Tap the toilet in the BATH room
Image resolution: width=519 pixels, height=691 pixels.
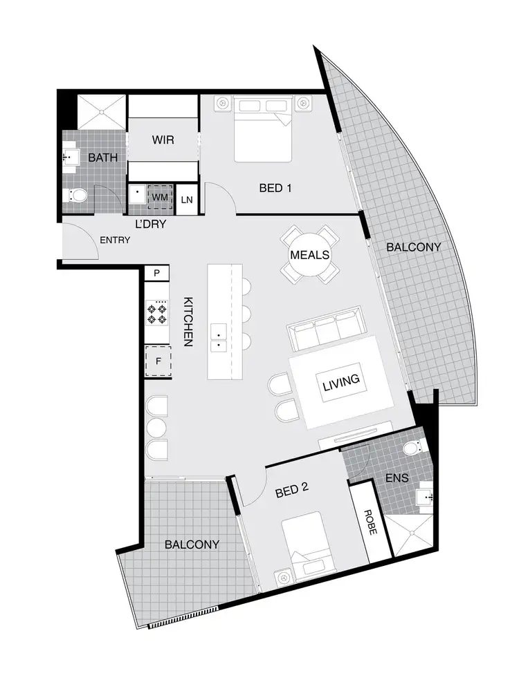(x=76, y=196)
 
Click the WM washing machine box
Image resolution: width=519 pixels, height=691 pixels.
(x=160, y=198)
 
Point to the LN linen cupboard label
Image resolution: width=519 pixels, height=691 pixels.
(x=186, y=200)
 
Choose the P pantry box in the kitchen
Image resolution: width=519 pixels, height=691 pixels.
(x=157, y=274)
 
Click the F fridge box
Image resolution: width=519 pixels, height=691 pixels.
(x=158, y=360)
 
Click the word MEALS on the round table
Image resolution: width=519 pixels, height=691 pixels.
(x=309, y=254)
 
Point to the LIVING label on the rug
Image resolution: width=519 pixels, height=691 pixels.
(x=340, y=380)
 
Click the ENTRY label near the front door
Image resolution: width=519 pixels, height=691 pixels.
(x=115, y=240)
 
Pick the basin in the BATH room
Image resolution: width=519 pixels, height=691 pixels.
(x=70, y=158)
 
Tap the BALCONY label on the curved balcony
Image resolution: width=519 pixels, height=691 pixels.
(x=413, y=247)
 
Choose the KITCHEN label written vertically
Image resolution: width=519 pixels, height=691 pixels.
(x=188, y=321)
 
